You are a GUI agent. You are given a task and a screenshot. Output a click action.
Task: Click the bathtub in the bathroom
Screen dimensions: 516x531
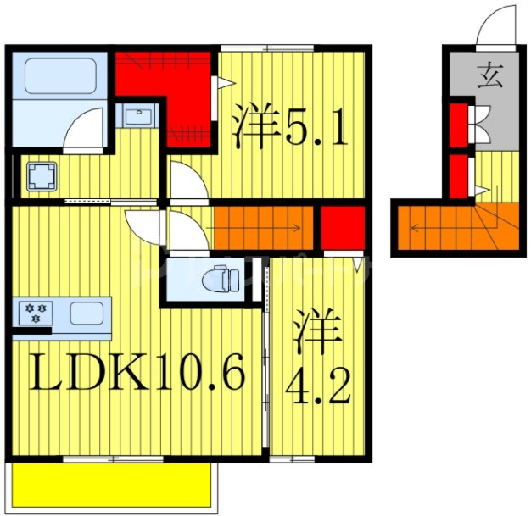click(x=59, y=75)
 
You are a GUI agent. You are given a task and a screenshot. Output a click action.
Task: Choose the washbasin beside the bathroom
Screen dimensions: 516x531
click(x=136, y=115)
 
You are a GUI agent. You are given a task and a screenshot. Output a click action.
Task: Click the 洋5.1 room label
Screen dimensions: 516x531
click(x=288, y=125)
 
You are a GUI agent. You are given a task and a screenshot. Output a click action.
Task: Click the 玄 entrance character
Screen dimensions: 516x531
click(x=489, y=77)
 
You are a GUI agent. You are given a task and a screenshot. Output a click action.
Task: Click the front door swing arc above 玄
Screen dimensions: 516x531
click(x=495, y=30)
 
